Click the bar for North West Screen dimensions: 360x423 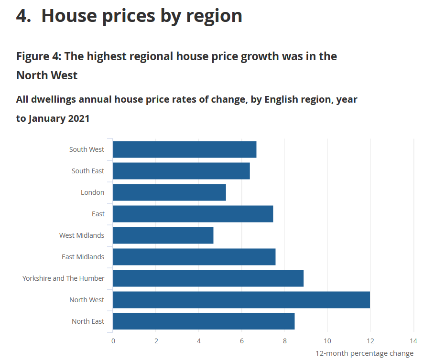click(241, 300)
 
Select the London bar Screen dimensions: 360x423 click(169, 192)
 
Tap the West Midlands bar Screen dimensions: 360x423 click(163, 235)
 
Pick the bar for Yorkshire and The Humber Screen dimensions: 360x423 click(208, 278)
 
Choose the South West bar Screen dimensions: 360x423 click(184, 149)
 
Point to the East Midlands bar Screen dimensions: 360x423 click(194, 257)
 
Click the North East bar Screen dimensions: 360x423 click(204, 321)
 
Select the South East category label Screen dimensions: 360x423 click(88, 171)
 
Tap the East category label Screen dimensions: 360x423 click(98, 214)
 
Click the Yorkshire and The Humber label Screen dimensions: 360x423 click(64, 278)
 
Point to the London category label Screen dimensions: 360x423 click(92, 192)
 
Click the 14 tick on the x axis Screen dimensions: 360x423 click(413, 341)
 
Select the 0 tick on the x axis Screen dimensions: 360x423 click(113, 341)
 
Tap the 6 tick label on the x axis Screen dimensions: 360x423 click(242, 341)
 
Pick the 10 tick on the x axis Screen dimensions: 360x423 click(327, 341)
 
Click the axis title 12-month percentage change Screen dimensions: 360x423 click(364, 353)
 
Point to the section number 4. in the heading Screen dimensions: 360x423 click(24, 16)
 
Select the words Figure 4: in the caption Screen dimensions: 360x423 click(39, 56)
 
